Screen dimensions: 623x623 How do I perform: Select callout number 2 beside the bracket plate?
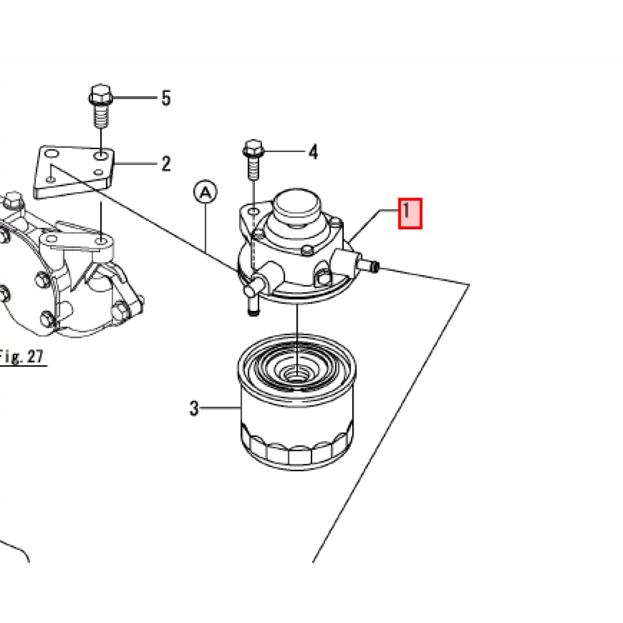166,164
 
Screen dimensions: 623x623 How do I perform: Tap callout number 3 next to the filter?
193,408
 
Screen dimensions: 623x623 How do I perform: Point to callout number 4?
313,151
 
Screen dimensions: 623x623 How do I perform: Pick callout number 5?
166,98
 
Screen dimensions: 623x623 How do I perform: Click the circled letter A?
206,192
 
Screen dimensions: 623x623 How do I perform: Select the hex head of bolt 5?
100,94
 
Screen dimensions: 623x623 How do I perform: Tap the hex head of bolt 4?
254,148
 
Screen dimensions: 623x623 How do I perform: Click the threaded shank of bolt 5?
100,116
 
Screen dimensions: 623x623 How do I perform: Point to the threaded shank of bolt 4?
254,167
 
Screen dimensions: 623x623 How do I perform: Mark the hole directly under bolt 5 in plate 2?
101,155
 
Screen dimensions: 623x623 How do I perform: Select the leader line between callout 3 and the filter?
220,408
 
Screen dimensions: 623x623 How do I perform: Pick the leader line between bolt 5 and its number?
136,97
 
